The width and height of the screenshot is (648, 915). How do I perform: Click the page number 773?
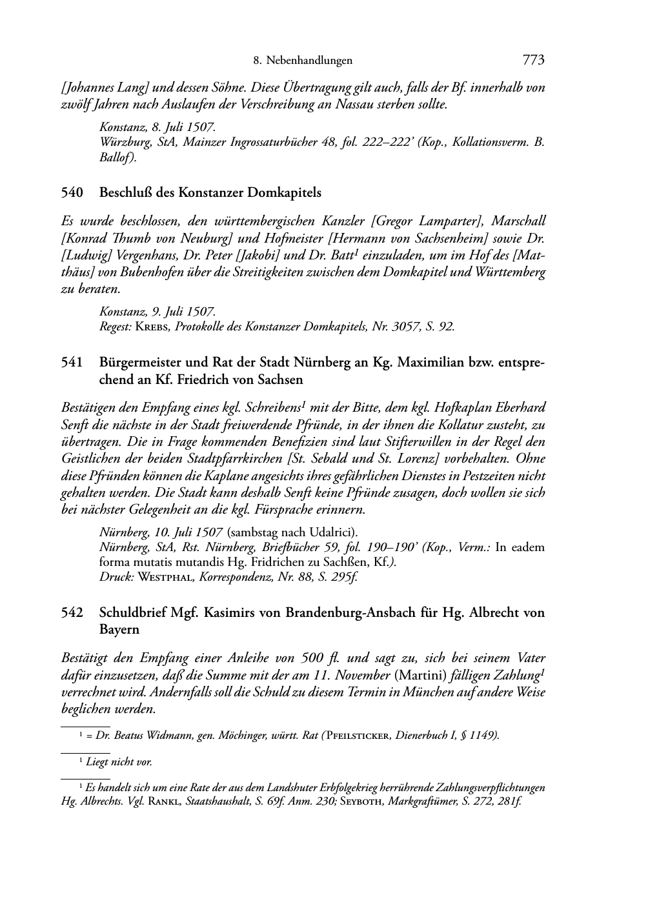point(534,61)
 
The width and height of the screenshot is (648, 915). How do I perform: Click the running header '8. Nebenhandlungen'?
point(303,61)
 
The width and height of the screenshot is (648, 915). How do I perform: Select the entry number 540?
point(72,192)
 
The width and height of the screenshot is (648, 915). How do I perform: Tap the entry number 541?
point(72,363)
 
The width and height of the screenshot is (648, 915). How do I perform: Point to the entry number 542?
point(72,612)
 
